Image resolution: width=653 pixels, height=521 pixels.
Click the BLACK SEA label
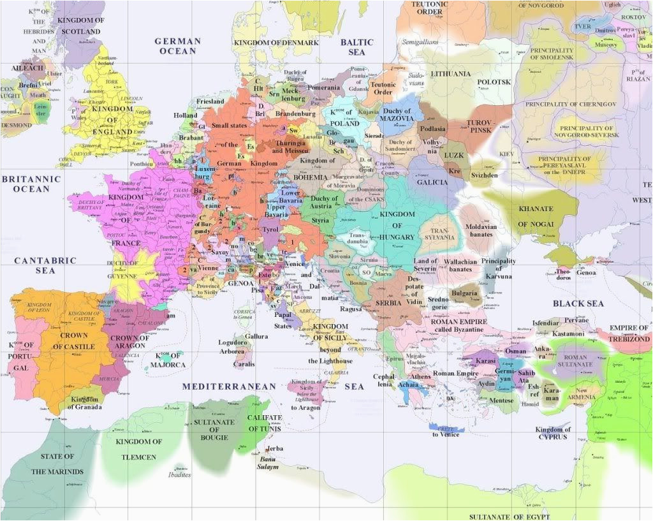pos(578,304)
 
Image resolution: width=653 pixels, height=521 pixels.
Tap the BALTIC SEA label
pos(356,47)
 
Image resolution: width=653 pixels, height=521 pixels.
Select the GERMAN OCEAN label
pos(178,46)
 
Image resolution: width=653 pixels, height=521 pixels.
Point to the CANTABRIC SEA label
pos(45,265)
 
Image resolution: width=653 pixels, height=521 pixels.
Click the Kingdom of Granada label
pos(85,403)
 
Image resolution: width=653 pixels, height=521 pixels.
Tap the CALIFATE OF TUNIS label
pos(265,423)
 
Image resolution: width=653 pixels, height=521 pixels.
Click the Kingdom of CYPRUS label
pos(553,434)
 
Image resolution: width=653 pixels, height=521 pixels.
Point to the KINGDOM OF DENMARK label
pos(275,43)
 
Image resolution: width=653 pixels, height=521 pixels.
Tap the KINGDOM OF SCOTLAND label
pos(80,26)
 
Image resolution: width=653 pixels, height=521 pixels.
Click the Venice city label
pos(295,264)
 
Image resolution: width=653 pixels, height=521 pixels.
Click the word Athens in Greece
pos(420,376)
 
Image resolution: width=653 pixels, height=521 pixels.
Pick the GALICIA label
pos(432,182)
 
